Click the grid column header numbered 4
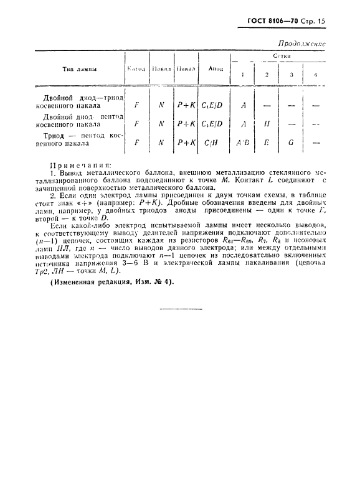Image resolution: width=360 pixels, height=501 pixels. point(315,75)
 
